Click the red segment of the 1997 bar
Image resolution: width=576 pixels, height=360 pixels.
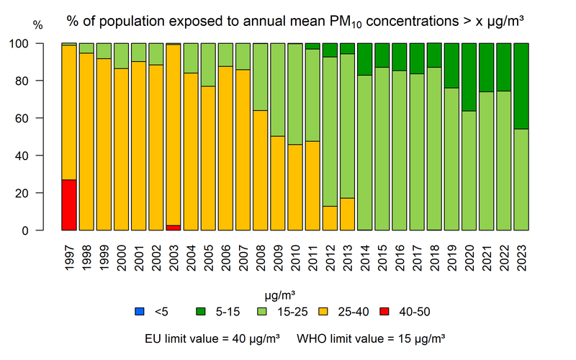coord(69,205)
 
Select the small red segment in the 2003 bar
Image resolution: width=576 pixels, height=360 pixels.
coord(174,228)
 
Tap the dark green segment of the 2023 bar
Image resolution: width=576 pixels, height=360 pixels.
coord(522,86)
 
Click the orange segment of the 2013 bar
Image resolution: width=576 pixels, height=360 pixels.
coord(348,215)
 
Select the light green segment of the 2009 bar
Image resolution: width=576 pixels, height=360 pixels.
coord(278,89)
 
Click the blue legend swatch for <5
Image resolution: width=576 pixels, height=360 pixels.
coord(139,312)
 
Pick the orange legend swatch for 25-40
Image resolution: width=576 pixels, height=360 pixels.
coord(322,312)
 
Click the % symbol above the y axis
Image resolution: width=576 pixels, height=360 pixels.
coord(38,25)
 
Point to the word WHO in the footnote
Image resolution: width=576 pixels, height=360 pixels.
coord(312,337)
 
